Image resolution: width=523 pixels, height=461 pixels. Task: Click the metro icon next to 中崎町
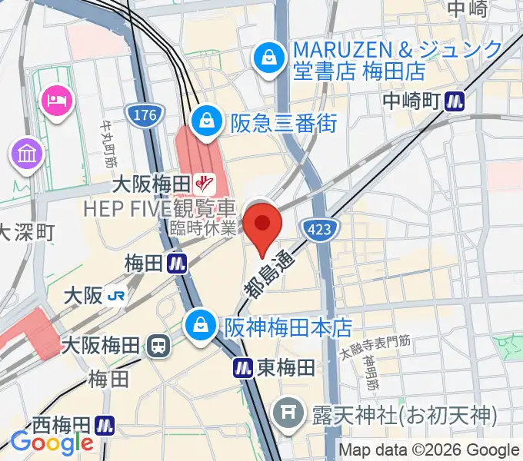tap(458, 100)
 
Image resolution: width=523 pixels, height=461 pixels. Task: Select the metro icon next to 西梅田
tap(105, 424)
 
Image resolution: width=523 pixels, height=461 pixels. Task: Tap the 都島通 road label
tap(265, 275)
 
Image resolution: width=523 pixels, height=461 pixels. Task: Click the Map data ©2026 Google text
tap(429, 450)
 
